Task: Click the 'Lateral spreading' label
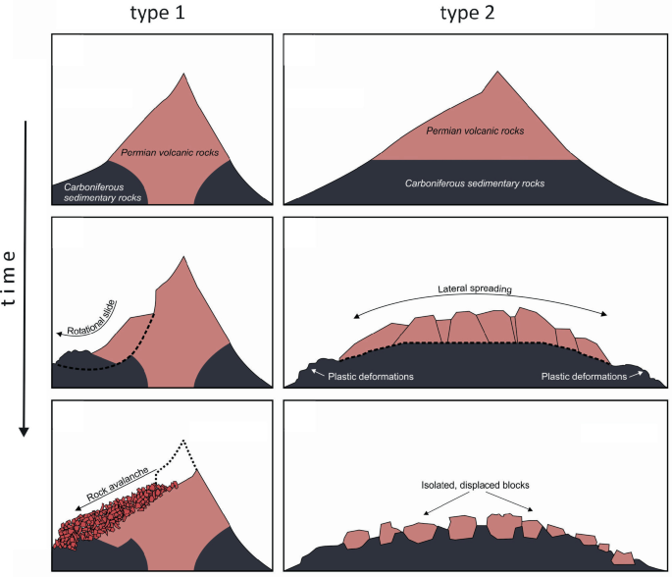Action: [480, 290]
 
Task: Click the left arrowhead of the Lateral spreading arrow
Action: [355, 316]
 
